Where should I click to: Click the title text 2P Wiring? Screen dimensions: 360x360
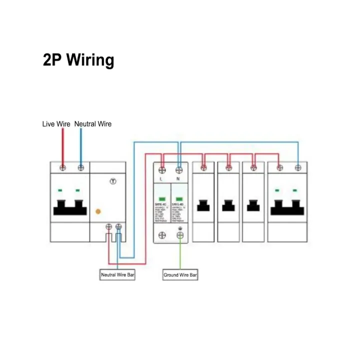pyautogui.click(x=78, y=60)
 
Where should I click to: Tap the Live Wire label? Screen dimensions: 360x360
pyautogui.click(x=56, y=123)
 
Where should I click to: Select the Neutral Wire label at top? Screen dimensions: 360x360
pyautogui.click(x=93, y=123)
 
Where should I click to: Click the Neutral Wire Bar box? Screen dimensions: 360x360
pyautogui.click(x=117, y=275)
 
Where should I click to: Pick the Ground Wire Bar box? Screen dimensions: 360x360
pyautogui.click(x=180, y=275)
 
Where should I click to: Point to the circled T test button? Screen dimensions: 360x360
pyautogui.click(x=113, y=181)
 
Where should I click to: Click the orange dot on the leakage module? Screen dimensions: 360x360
pyautogui.click(x=98, y=212)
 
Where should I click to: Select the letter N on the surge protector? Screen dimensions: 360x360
pyautogui.click(x=178, y=178)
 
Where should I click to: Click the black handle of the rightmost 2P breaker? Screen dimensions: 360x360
pyautogui.click(x=288, y=207)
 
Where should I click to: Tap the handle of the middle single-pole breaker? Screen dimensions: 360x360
pyautogui.click(x=228, y=205)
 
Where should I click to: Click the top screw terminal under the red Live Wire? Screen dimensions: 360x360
pyautogui.click(x=62, y=167)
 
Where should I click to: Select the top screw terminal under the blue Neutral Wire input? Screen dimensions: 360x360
pyautogui.click(x=80, y=167)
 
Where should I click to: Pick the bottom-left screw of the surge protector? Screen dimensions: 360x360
pyautogui.click(x=161, y=235)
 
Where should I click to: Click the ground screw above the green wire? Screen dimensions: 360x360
pyautogui.click(x=179, y=235)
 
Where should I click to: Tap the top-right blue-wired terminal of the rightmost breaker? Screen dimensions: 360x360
pyautogui.click(x=298, y=167)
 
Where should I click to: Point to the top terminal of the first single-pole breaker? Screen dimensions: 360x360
pyautogui.click(x=203, y=167)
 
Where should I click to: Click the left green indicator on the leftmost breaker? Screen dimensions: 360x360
pyautogui.click(x=60, y=190)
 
